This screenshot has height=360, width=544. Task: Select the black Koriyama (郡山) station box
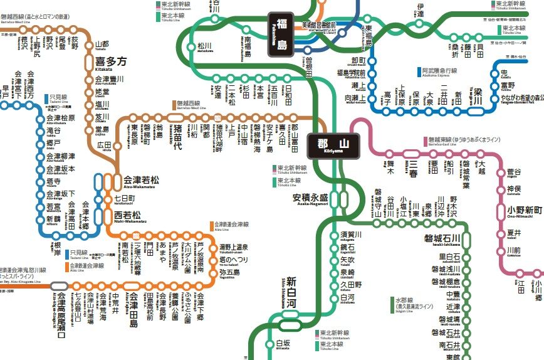[332, 147]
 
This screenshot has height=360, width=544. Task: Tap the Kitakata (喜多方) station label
[110, 62]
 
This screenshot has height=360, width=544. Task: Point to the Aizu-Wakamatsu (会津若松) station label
[141, 180]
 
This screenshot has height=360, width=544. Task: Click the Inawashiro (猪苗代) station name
[178, 136]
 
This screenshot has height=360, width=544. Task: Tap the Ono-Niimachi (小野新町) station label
[525, 209]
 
